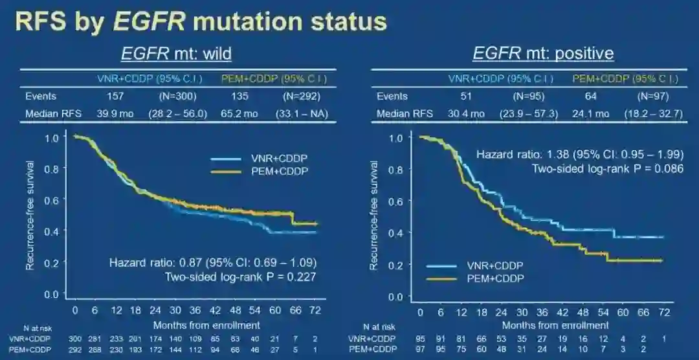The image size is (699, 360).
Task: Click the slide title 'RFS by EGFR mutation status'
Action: [x=201, y=21]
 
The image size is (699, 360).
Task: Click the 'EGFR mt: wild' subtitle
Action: [x=177, y=52]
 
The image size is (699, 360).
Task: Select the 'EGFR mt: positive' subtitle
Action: [x=543, y=52]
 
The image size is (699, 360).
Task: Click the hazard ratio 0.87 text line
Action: [x=212, y=263]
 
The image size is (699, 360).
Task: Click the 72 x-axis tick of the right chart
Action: [x=664, y=313]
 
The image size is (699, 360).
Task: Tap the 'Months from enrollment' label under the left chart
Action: [x=206, y=324]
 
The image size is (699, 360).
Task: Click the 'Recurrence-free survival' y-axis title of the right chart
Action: [x=374, y=215]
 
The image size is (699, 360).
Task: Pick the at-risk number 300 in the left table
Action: [x=76, y=338]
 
